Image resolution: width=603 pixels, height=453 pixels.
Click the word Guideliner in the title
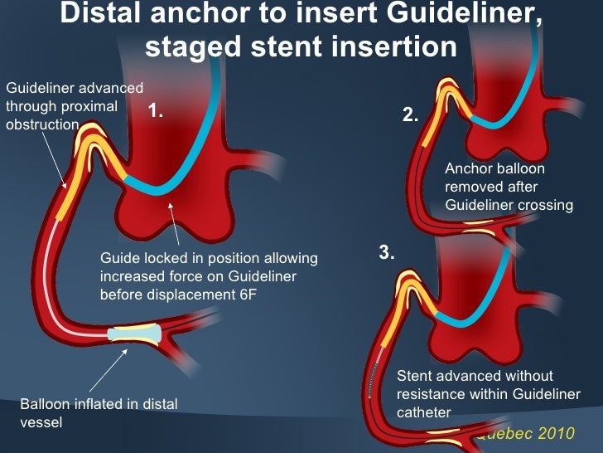click(x=451, y=14)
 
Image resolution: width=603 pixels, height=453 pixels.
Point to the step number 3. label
click(x=387, y=254)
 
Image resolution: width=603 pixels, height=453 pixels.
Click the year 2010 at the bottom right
click(x=555, y=434)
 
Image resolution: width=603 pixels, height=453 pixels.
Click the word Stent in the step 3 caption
click(x=415, y=376)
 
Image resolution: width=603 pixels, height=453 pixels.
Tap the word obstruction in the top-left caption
click(x=42, y=124)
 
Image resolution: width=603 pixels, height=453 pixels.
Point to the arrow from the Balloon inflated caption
click(x=109, y=368)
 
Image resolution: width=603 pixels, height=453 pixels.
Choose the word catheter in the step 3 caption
click(x=423, y=411)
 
